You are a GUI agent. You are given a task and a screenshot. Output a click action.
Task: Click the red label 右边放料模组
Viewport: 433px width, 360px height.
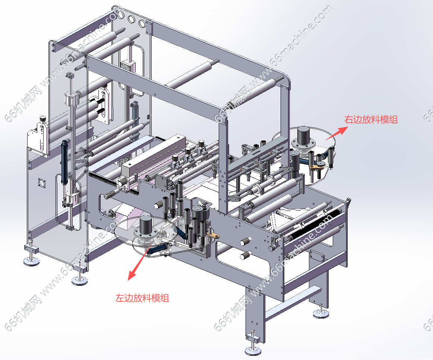coord(371,120)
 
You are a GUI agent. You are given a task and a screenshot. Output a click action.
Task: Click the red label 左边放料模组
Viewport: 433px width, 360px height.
coord(142,298)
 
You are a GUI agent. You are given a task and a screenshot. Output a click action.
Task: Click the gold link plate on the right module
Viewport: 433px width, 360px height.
coord(317,167)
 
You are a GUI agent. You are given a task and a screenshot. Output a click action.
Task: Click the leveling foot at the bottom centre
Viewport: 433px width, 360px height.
coord(253,350)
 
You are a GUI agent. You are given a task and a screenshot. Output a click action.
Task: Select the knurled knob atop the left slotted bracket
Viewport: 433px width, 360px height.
coord(43,119)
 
